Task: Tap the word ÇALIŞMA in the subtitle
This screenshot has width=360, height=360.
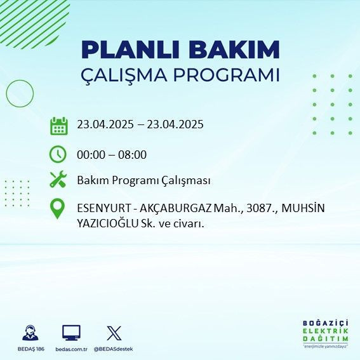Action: [126, 75]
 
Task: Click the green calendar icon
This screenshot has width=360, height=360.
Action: [58, 125]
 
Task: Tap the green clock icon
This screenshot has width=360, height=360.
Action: [58, 154]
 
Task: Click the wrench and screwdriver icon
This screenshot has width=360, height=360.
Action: [58, 180]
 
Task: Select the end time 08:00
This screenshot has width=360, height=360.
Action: [133, 154]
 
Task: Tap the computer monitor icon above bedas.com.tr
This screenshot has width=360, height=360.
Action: [71, 333]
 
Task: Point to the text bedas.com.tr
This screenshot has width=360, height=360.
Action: [71, 349]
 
